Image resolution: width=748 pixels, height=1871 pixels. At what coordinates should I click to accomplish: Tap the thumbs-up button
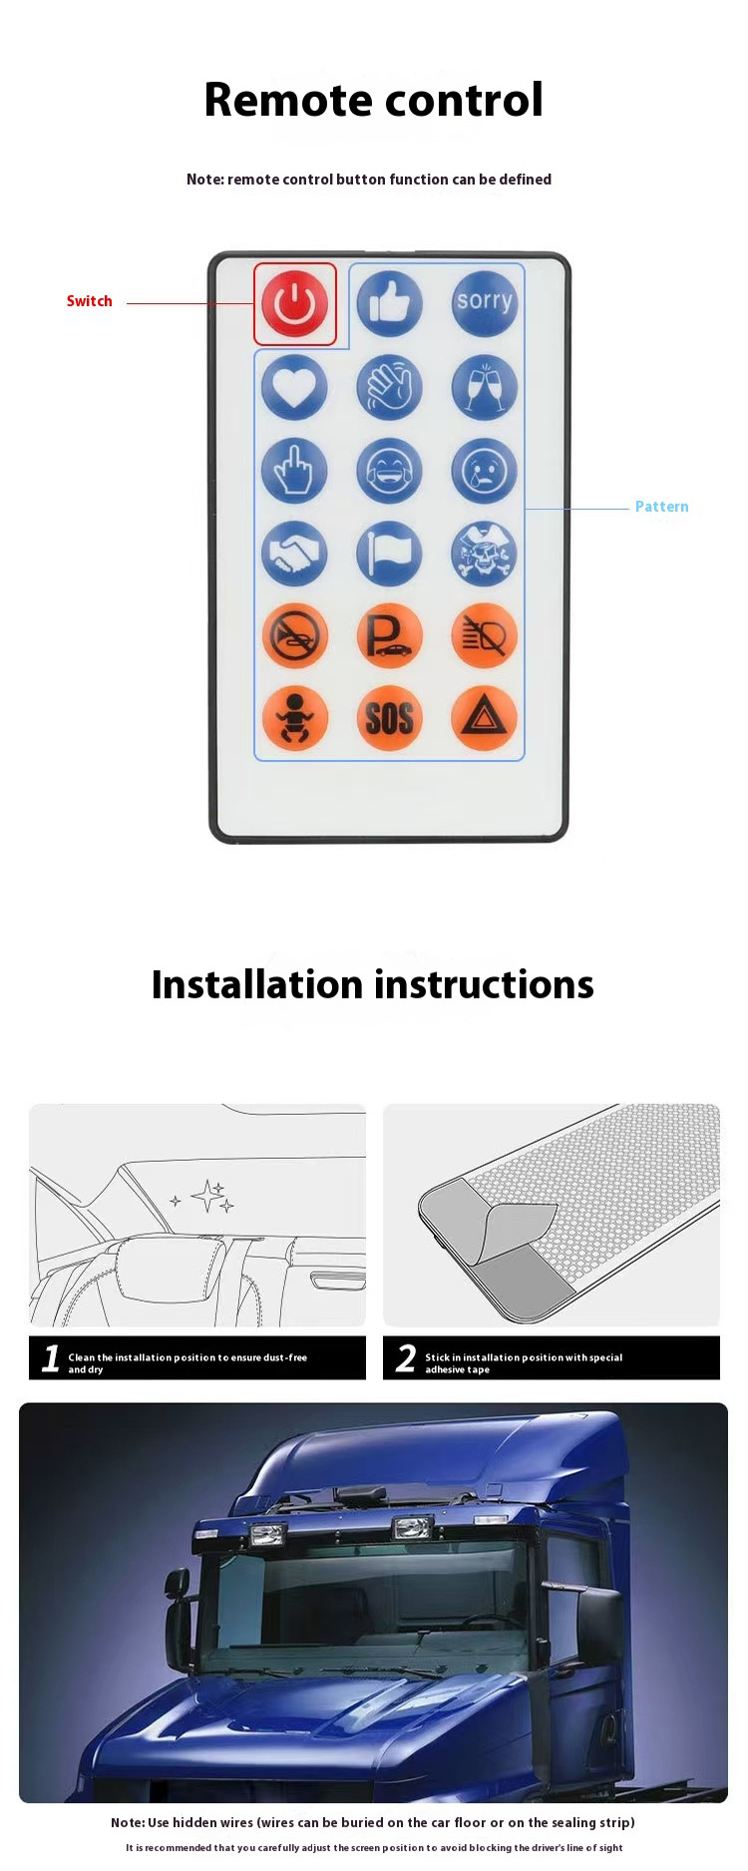point(389,303)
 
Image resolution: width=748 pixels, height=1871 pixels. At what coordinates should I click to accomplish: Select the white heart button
point(294,387)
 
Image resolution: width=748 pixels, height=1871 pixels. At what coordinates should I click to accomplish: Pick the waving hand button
point(389,387)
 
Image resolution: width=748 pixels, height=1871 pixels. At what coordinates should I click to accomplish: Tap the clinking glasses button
point(485,387)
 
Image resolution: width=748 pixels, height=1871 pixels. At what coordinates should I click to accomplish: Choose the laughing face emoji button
point(389,470)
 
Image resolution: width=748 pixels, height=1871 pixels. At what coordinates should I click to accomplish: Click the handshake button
point(294,554)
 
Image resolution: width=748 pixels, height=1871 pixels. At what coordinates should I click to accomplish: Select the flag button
point(389,554)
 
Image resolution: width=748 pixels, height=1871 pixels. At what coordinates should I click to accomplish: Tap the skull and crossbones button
point(485,554)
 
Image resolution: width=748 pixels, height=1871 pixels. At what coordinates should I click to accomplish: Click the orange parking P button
point(389,635)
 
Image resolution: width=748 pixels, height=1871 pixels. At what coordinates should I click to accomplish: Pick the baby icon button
point(294,718)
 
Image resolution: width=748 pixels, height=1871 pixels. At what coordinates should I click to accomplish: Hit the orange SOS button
point(389,718)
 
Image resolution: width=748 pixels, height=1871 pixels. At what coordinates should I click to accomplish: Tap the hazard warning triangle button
point(485,718)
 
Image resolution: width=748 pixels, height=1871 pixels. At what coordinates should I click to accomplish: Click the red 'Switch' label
point(89,301)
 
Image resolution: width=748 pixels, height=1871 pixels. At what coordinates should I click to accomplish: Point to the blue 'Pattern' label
point(661,507)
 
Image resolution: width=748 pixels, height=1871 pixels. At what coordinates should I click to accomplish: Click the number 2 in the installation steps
point(405,1358)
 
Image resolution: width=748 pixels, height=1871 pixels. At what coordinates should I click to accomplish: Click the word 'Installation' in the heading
point(256,984)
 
